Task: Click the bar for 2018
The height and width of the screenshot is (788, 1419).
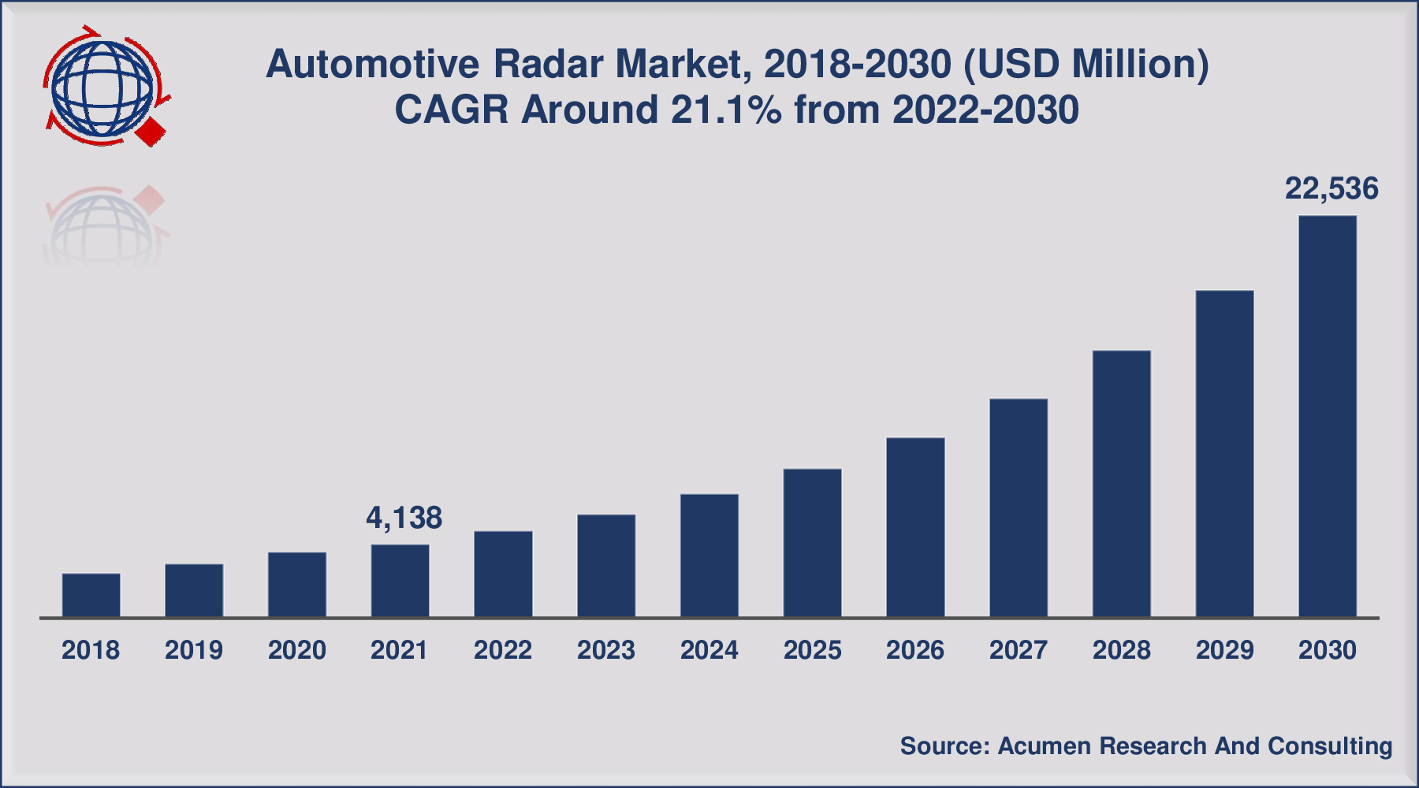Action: (91, 595)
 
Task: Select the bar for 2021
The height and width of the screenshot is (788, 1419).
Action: (400, 581)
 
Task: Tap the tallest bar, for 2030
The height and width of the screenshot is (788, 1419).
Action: (1328, 416)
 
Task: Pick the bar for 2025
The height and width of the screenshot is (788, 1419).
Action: (813, 543)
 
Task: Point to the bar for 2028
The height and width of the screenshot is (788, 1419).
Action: (1122, 483)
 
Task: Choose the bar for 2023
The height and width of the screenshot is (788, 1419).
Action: (606, 565)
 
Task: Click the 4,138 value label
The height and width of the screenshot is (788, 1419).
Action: (404, 518)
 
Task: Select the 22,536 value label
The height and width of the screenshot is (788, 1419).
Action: (1331, 188)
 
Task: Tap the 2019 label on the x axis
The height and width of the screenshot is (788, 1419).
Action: (194, 650)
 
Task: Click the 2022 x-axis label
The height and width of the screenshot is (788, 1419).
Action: (503, 650)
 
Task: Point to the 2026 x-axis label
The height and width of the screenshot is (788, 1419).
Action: (915, 650)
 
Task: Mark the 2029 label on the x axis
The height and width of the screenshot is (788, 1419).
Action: (1224, 650)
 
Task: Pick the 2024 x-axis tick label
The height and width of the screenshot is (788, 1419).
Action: (709, 650)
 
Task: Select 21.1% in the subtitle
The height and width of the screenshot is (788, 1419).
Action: (726, 110)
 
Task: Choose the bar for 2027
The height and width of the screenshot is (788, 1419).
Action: (1019, 507)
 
